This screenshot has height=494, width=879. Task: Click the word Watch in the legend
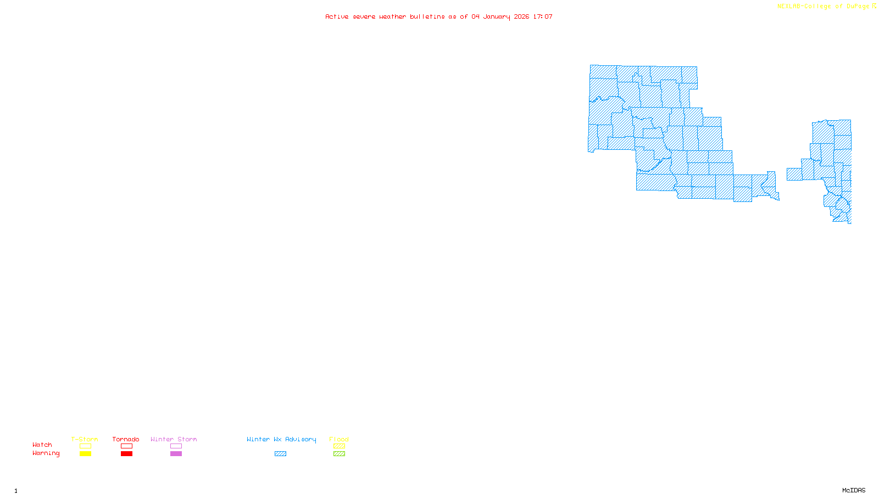pyautogui.click(x=42, y=445)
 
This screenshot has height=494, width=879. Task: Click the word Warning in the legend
pyautogui.click(x=46, y=453)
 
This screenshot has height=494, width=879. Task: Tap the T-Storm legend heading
pyautogui.click(x=85, y=439)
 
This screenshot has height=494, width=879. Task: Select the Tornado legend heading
pyautogui.click(x=126, y=439)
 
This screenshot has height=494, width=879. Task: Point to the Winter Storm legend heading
pyautogui.click(x=174, y=439)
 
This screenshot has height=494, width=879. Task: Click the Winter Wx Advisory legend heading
pyautogui.click(x=281, y=439)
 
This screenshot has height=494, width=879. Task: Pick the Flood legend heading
pyautogui.click(x=339, y=439)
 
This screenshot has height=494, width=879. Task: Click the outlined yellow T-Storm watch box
pyautogui.click(x=85, y=446)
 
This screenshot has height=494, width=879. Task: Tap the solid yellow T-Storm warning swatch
pyautogui.click(x=85, y=454)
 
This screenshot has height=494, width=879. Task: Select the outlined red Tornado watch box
pyautogui.click(x=126, y=446)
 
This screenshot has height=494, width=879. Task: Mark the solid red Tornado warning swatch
pyautogui.click(x=126, y=454)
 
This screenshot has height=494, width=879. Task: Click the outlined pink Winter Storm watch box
pyautogui.click(x=176, y=446)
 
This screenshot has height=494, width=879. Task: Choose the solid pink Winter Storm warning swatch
pyautogui.click(x=176, y=454)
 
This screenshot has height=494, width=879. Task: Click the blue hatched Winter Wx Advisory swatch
pyautogui.click(x=280, y=454)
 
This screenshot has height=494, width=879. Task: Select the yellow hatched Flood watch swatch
pyautogui.click(x=339, y=446)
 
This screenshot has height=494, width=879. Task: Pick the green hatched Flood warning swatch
pyautogui.click(x=339, y=454)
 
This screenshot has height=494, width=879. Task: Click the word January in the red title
pyautogui.click(x=497, y=16)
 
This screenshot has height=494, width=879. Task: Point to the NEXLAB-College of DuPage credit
pyautogui.click(x=824, y=7)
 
